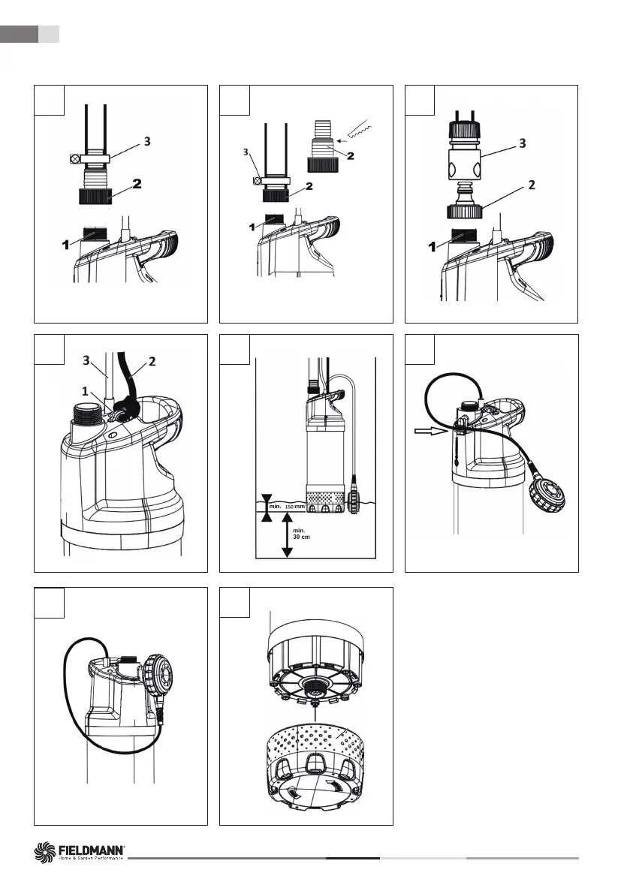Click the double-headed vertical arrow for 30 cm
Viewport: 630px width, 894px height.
pos(286,539)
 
